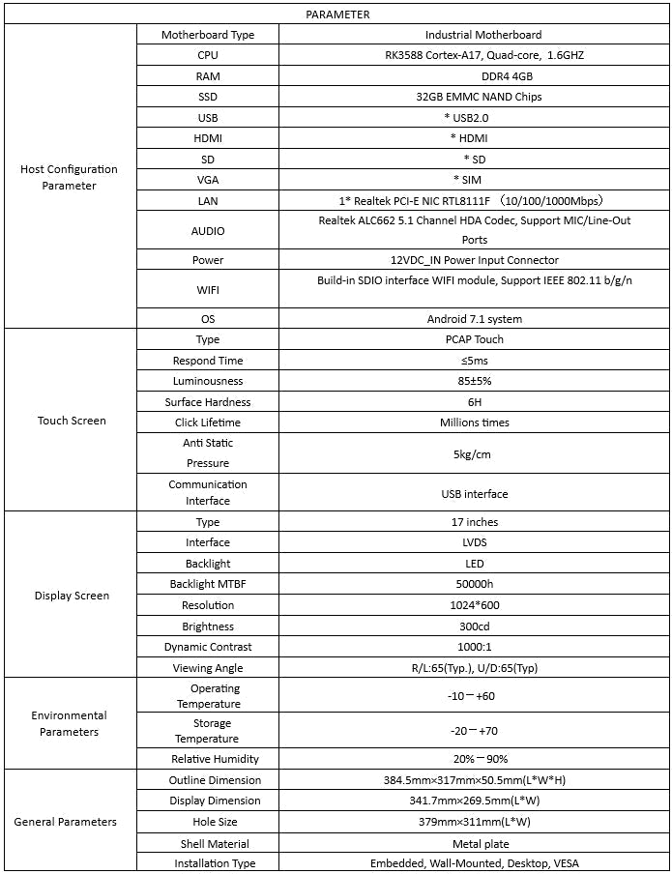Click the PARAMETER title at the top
click(336, 15)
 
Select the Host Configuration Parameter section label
click(69, 177)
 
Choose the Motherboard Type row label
click(208, 35)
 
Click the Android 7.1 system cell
click(474, 319)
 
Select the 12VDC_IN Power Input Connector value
click(474, 260)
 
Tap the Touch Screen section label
click(72, 421)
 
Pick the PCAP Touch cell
click(474, 339)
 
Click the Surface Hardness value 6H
click(474, 402)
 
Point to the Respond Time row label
click(208, 361)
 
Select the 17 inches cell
click(474, 522)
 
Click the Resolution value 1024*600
click(474, 605)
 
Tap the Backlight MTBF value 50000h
click(474, 584)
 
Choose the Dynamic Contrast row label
click(208, 647)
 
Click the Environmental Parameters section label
click(69, 723)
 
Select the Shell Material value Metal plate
click(474, 844)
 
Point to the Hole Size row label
click(208, 822)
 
